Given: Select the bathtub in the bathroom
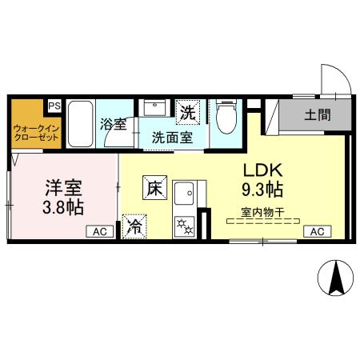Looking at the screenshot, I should [x=81, y=126].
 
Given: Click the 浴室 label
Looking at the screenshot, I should [x=114, y=124].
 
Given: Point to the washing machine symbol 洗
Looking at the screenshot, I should [x=187, y=113].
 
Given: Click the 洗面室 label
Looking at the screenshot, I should [x=172, y=137].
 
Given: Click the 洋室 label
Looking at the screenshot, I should [x=63, y=189].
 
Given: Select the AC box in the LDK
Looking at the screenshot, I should [x=316, y=231].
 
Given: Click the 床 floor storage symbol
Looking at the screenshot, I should [x=155, y=189].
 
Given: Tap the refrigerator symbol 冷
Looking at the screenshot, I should [x=135, y=226].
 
